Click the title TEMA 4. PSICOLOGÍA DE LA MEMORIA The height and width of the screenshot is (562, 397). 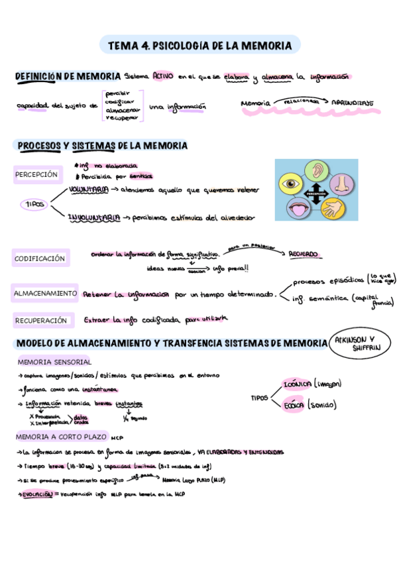199,46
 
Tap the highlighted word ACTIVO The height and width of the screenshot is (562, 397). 162,76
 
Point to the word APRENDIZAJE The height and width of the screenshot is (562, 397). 352,103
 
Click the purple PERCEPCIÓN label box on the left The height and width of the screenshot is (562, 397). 37,175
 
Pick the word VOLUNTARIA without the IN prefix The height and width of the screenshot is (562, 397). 89,190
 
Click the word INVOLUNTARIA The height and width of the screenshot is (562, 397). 93,217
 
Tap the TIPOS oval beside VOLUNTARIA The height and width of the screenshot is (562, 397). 34,205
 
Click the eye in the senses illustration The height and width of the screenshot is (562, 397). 292,182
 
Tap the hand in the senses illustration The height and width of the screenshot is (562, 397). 331,210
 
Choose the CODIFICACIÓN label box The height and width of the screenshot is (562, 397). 40,258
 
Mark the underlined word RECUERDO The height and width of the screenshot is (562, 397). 303,254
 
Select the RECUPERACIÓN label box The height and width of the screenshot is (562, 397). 41,320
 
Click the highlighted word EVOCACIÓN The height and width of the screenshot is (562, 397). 37,494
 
